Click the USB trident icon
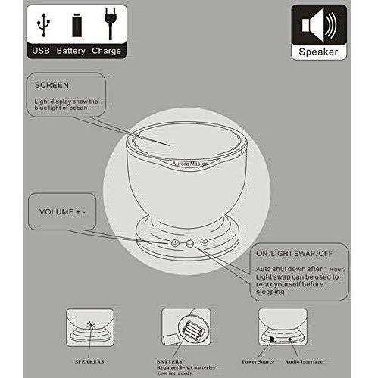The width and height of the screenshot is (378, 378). point(43,25)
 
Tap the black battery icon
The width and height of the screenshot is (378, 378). point(77,25)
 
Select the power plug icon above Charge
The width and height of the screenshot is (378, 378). point(110,24)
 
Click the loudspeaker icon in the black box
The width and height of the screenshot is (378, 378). point(319,25)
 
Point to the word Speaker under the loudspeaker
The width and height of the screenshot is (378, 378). point(318,52)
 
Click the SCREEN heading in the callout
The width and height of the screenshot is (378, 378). point(52,85)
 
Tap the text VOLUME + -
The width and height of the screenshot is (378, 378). point(62,211)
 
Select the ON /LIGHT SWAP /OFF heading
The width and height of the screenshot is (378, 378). point(294,253)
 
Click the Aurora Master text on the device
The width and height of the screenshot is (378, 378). point(189,164)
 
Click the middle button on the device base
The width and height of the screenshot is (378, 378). point(189,243)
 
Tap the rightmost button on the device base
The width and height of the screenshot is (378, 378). point(204,242)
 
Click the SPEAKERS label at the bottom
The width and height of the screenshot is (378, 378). point(89,361)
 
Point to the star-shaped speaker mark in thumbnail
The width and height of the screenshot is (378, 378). point(91,325)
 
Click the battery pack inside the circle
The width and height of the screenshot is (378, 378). point(192,330)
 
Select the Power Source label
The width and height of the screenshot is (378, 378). point(258,361)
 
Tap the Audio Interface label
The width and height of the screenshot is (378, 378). point(304,361)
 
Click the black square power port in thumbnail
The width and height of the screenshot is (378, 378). point(272,339)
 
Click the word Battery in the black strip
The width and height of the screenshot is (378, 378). point(70,51)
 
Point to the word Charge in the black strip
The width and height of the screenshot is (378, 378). point(106,51)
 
